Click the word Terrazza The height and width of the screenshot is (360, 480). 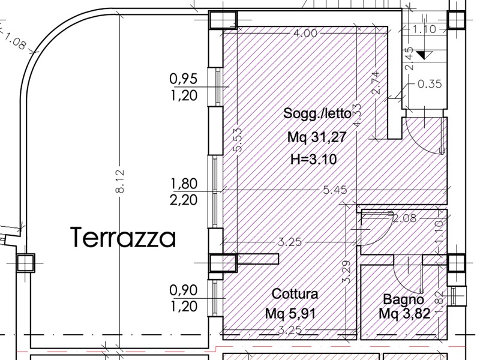pos(124,238)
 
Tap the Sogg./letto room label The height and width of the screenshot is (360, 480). pos(317,113)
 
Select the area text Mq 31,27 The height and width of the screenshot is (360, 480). pos(317,137)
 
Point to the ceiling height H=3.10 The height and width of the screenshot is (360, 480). pos(313,159)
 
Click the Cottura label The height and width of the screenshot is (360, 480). pos(295,294)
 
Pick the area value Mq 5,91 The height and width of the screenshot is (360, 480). pos(290,314)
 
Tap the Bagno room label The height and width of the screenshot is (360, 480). pos(403,299)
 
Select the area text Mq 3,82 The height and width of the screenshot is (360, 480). pos(404,313)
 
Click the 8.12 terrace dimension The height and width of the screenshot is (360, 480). pos(120,181)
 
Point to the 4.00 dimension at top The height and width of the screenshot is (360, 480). pos(305,33)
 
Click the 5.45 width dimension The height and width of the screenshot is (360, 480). pos(335,190)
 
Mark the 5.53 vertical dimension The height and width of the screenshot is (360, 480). pos(238,140)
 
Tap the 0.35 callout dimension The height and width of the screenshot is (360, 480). pos(430,84)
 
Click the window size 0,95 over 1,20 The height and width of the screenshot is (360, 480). pos(184,87)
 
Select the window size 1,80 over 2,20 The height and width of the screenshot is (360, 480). pos(184,192)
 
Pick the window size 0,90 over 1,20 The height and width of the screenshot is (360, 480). pos(184,298)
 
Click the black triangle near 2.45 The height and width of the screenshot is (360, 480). pos(424,55)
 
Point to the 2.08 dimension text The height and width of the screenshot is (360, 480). pos(404,218)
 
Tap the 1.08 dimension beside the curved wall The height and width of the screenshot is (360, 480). pos(14,42)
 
